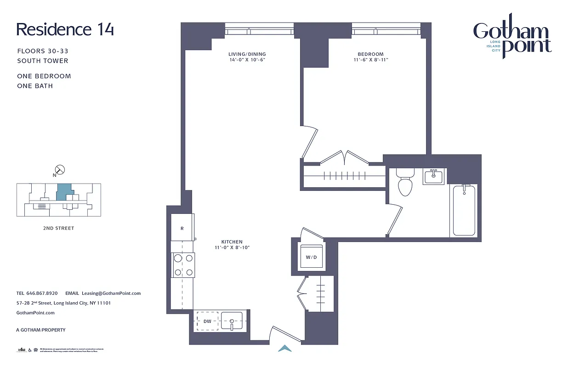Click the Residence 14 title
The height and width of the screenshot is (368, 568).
pyautogui.click(x=65, y=29)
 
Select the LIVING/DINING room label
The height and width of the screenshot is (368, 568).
pyautogui.click(x=247, y=54)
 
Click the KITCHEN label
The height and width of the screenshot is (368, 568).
pyautogui.click(x=232, y=242)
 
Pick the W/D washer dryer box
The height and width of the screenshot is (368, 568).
pyautogui.click(x=311, y=257)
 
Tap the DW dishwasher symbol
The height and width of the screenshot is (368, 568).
pyautogui.click(x=208, y=321)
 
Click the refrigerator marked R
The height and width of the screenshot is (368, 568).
pyautogui.click(x=182, y=228)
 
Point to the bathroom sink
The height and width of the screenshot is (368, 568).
pyautogui.click(x=433, y=176)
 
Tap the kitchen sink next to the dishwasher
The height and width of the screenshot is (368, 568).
pyautogui.click(x=232, y=321)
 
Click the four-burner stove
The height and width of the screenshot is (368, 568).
pyautogui.click(x=182, y=265)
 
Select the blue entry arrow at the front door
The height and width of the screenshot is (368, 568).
pyautogui.click(x=285, y=349)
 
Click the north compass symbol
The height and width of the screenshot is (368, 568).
pyautogui.click(x=60, y=170)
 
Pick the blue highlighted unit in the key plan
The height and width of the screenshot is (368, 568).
pyautogui.click(x=65, y=191)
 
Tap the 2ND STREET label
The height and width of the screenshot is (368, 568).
pyautogui.click(x=59, y=228)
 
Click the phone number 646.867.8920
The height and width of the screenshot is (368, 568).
pyautogui.click(x=43, y=293)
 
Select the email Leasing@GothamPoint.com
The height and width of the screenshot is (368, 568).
pyautogui.click(x=111, y=293)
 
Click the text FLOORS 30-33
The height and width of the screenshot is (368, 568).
pyautogui.click(x=43, y=51)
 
